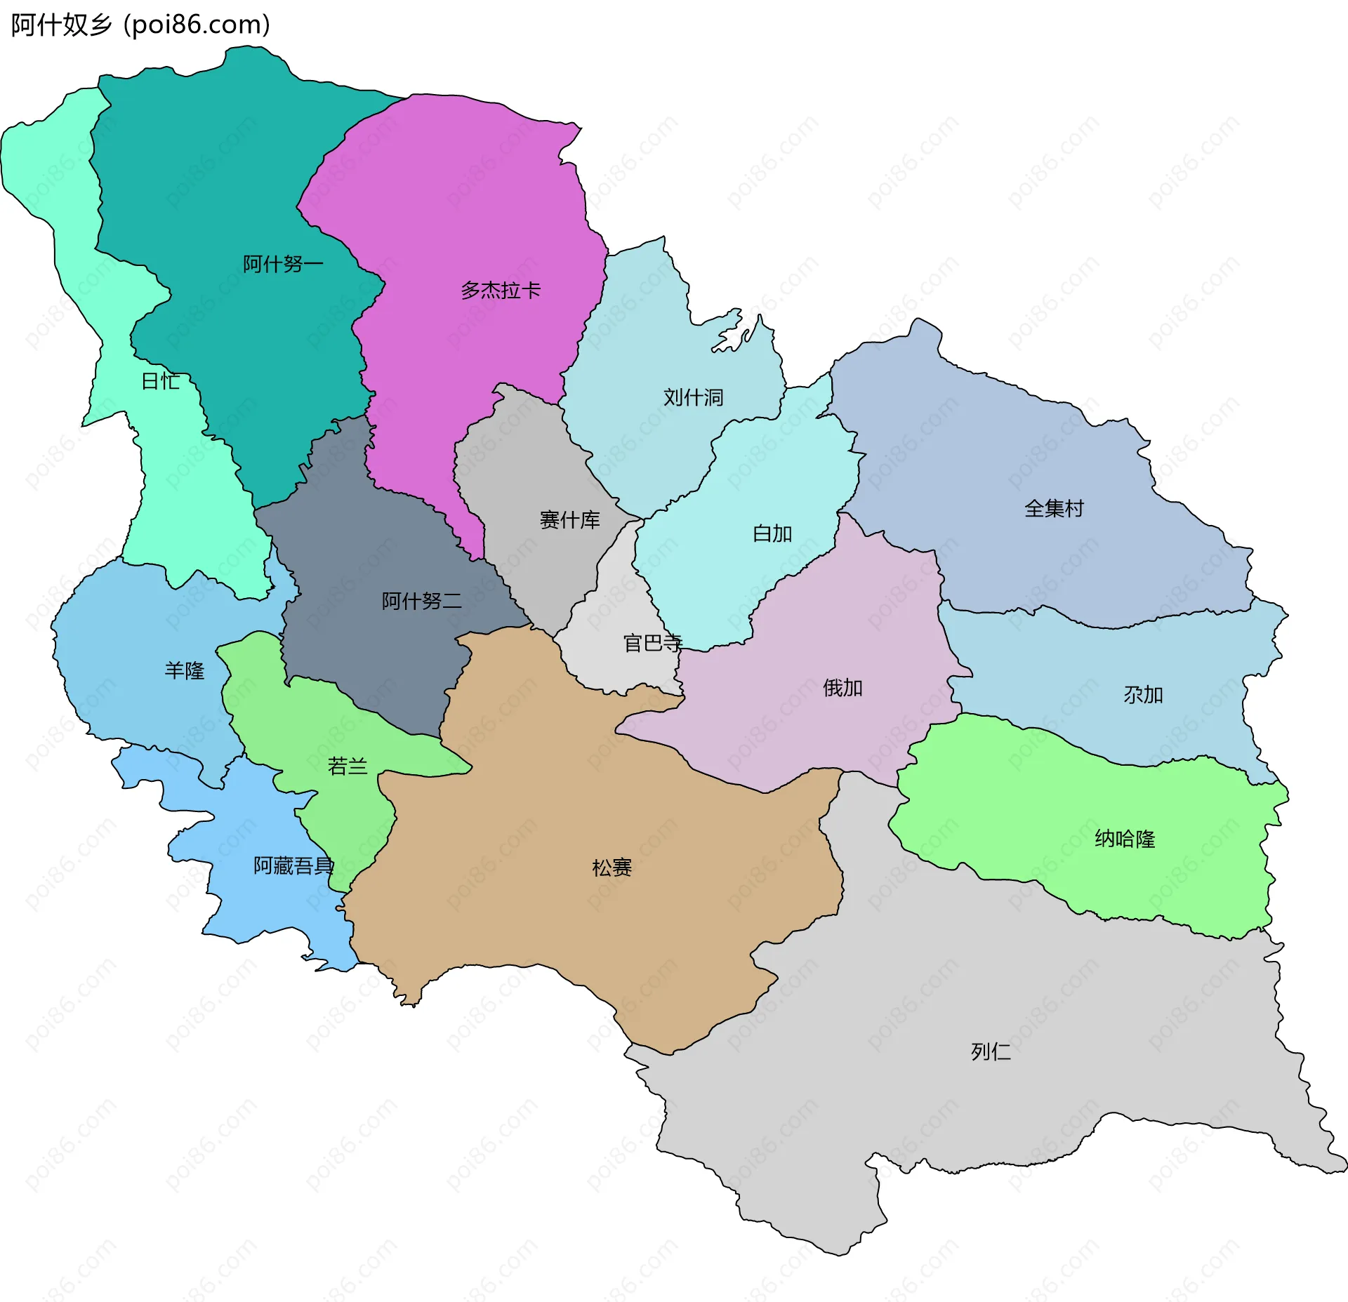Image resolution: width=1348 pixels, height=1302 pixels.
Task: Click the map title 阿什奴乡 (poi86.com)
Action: [140, 25]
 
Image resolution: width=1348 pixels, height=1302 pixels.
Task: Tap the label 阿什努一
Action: [283, 265]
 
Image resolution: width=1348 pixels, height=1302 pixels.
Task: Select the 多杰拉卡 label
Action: [501, 291]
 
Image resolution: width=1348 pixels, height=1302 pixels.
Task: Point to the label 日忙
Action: [161, 382]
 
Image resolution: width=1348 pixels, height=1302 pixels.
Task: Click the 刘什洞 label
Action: [693, 398]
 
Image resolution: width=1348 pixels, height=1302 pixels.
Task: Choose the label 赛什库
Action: [569, 520]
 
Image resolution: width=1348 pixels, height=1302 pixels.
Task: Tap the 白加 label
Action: [772, 534]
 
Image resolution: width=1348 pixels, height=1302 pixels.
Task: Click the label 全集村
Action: [1054, 509]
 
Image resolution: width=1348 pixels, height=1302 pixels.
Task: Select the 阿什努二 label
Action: [421, 601]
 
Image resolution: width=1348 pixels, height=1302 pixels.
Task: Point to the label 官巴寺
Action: [652, 643]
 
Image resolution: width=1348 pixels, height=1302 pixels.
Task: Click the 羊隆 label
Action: [185, 671]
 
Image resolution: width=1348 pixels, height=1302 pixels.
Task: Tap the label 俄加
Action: [842, 688]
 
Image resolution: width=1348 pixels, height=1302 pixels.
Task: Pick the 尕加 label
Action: [1143, 695]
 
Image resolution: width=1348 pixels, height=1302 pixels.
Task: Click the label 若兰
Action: [348, 766]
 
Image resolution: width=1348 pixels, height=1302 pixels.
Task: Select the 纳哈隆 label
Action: [1125, 839]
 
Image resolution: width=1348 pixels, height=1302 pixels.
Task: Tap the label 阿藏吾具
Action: [293, 866]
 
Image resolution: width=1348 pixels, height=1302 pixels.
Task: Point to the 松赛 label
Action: [612, 868]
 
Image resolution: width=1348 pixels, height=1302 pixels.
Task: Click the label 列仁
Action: [991, 1051]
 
